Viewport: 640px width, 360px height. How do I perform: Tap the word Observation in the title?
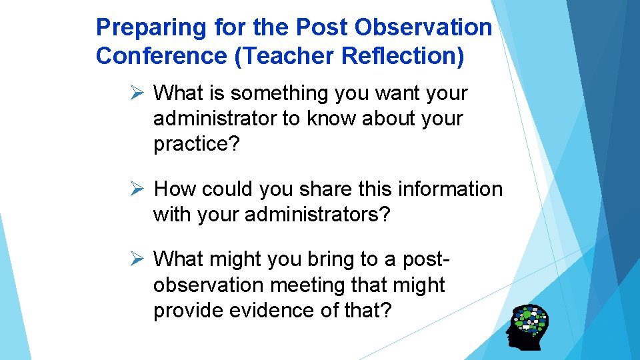pyautogui.click(x=424, y=28)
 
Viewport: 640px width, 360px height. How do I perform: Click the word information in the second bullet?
pyautogui.click(x=450, y=189)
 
